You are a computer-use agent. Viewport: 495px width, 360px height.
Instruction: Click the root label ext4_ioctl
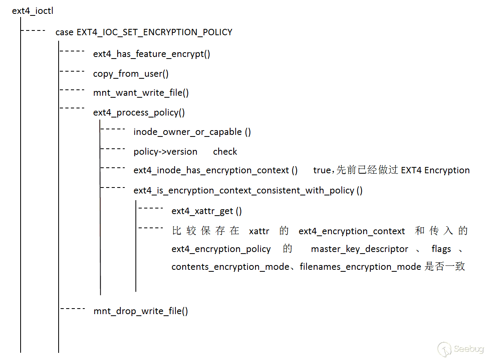click(x=32, y=11)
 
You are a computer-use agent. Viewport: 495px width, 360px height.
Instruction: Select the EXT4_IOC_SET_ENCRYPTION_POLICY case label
click(x=144, y=32)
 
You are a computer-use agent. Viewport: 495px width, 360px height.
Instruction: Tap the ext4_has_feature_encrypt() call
click(x=152, y=54)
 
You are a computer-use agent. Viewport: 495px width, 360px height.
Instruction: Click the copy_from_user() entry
click(x=131, y=74)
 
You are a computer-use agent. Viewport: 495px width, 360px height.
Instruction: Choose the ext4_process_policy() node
click(x=139, y=113)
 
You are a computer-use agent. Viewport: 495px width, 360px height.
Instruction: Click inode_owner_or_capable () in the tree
click(x=192, y=132)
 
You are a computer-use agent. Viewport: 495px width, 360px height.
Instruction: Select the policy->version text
click(x=165, y=152)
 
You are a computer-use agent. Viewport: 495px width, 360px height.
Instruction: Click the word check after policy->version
click(x=225, y=152)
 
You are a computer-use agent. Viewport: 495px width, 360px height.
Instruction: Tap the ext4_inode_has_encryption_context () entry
click(x=215, y=171)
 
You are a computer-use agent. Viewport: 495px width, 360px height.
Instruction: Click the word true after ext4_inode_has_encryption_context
click(x=322, y=171)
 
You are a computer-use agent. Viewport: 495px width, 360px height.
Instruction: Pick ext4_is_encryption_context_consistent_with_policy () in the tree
click(x=248, y=191)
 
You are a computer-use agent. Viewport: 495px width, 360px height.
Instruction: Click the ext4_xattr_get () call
click(x=206, y=211)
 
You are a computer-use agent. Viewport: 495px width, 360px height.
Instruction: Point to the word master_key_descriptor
click(x=360, y=249)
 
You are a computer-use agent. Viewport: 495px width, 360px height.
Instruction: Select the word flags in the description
click(x=441, y=249)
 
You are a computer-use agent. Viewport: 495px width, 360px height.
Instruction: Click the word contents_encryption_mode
click(x=230, y=267)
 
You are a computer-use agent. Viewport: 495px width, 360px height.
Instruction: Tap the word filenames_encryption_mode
click(x=360, y=267)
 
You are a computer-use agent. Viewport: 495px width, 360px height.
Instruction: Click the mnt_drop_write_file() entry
click(x=141, y=311)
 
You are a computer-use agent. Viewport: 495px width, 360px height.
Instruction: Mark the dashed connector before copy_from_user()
click(x=72, y=71)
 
